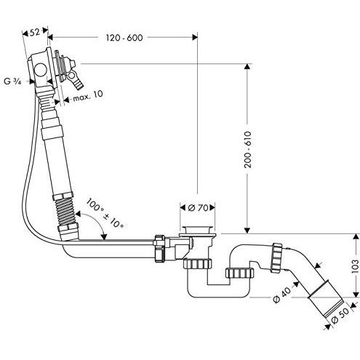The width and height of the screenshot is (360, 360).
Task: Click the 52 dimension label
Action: [35, 32]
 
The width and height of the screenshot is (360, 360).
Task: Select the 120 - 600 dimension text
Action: [124, 38]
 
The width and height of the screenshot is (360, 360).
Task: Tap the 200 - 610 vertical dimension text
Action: [248, 150]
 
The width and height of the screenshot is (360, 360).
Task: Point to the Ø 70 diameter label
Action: [198, 207]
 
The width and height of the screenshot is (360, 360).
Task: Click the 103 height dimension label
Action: [354, 266]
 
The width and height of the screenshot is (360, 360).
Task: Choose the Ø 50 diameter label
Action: [340, 316]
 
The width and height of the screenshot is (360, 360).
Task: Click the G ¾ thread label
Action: [13, 81]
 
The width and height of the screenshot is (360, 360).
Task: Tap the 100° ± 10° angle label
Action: [105, 213]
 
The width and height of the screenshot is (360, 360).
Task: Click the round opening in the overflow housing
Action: [40, 71]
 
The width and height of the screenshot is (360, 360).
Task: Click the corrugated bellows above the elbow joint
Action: [65, 211]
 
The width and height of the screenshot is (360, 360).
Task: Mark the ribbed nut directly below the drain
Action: [198, 264]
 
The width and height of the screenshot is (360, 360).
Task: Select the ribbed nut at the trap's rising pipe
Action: [240, 273]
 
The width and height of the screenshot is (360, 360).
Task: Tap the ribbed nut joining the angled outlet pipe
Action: [276, 257]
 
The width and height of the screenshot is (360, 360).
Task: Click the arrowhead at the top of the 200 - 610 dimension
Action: [247, 67]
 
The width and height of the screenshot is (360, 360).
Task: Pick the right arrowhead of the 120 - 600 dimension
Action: [195, 37]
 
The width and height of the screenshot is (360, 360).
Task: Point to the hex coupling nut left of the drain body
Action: [159, 249]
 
